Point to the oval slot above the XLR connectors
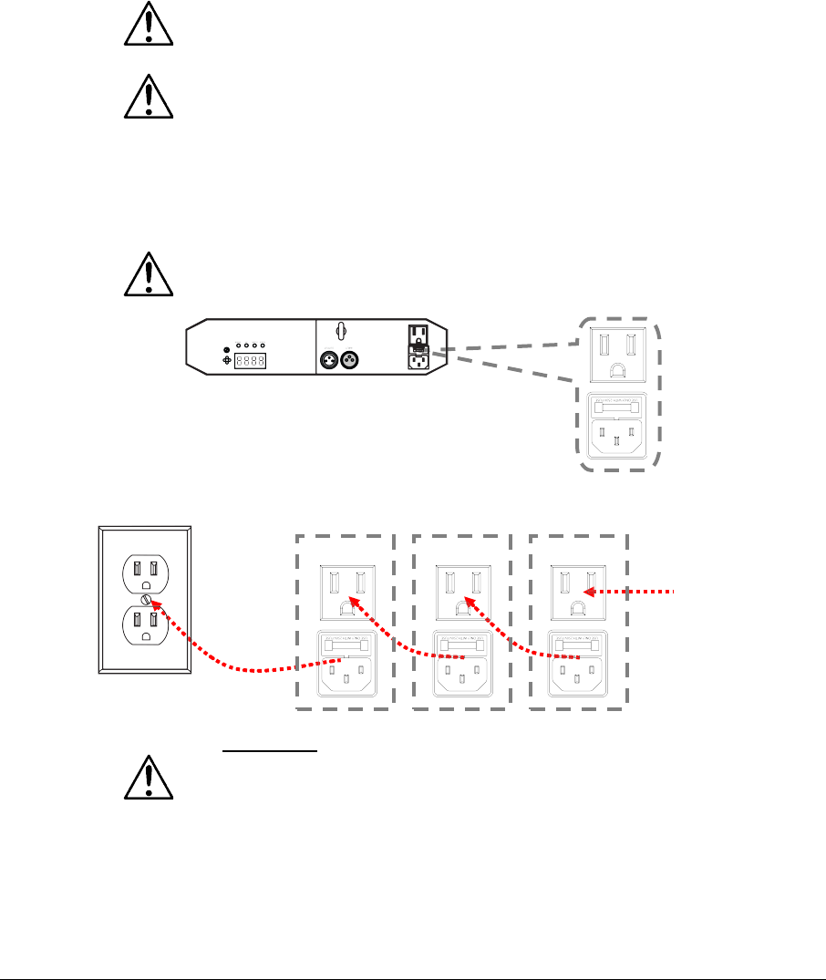pyautogui.click(x=338, y=331)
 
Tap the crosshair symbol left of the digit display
pyautogui.click(x=227, y=361)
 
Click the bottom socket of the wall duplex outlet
pyautogui.click(x=144, y=629)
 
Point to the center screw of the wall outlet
pyautogui.click(x=145, y=601)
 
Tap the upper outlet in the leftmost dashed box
pyautogui.click(x=344, y=592)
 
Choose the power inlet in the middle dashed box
pyautogui.click(x=463, y=671)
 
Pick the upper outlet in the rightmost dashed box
pyautogui.click(x=577, y=592)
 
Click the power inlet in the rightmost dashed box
pyautogui.click(x=577, y=671)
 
